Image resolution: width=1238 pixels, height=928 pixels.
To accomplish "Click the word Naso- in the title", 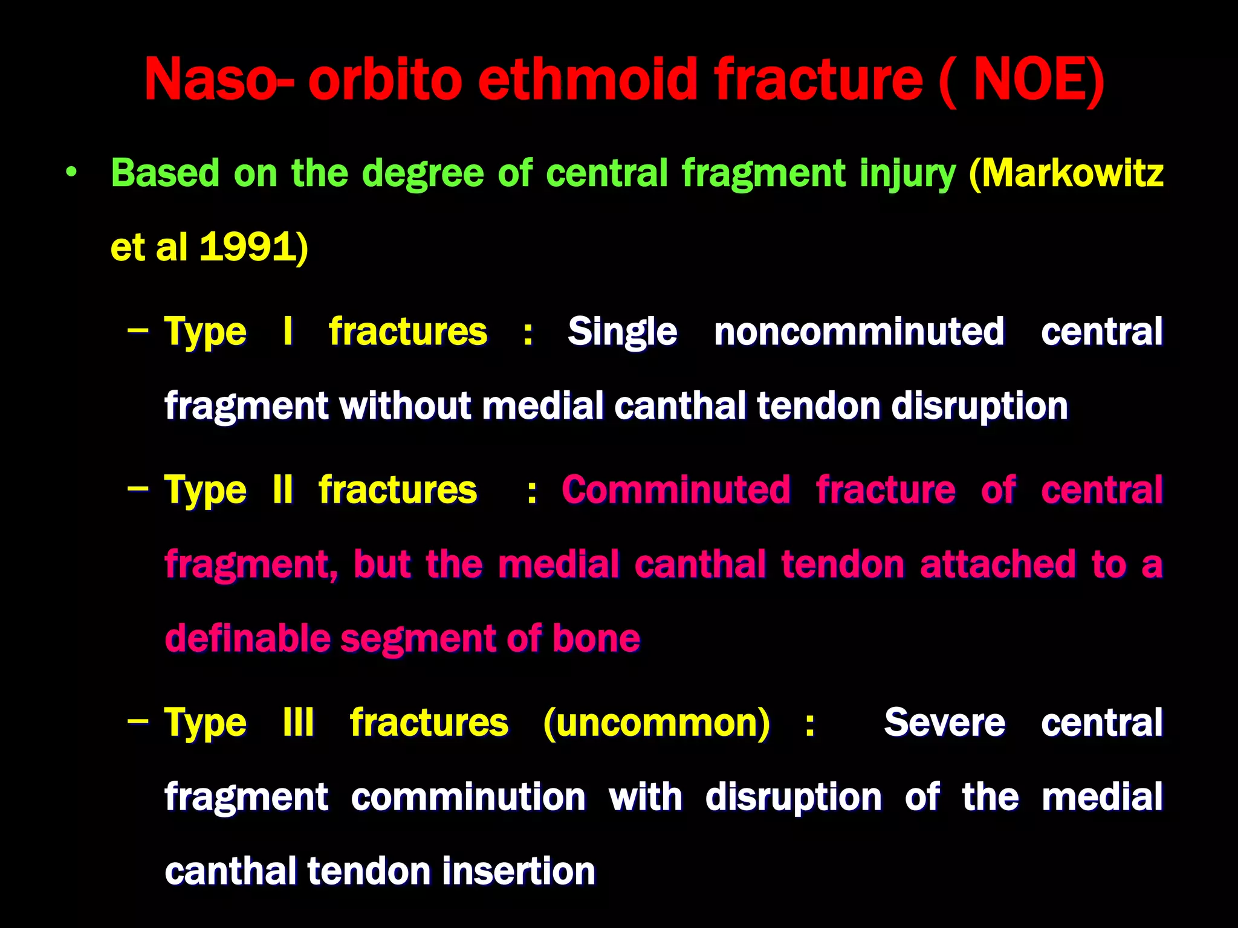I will pos(219,80).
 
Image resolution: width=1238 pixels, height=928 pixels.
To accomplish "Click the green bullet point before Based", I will pos(72,173).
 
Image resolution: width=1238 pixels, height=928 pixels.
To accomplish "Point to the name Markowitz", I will pos(1072,173).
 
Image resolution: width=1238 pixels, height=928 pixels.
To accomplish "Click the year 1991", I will pos(247,247).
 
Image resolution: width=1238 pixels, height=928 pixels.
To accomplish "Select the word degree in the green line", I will pos(423,174).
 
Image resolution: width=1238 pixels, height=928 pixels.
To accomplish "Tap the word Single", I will pos(622,332).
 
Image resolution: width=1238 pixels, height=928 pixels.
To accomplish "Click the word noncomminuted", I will pos(859,332).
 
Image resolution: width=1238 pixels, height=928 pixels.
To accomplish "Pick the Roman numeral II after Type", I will pos(283,489).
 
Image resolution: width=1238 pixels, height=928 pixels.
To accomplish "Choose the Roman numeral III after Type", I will pos(299,722).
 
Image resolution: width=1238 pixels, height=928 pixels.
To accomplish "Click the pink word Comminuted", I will pos(676,489).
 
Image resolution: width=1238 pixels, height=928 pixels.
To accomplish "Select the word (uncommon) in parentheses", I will pos(657,722).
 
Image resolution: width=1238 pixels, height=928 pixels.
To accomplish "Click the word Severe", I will pos(944,722).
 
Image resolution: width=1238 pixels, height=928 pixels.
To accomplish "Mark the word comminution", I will pos(468,796).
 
